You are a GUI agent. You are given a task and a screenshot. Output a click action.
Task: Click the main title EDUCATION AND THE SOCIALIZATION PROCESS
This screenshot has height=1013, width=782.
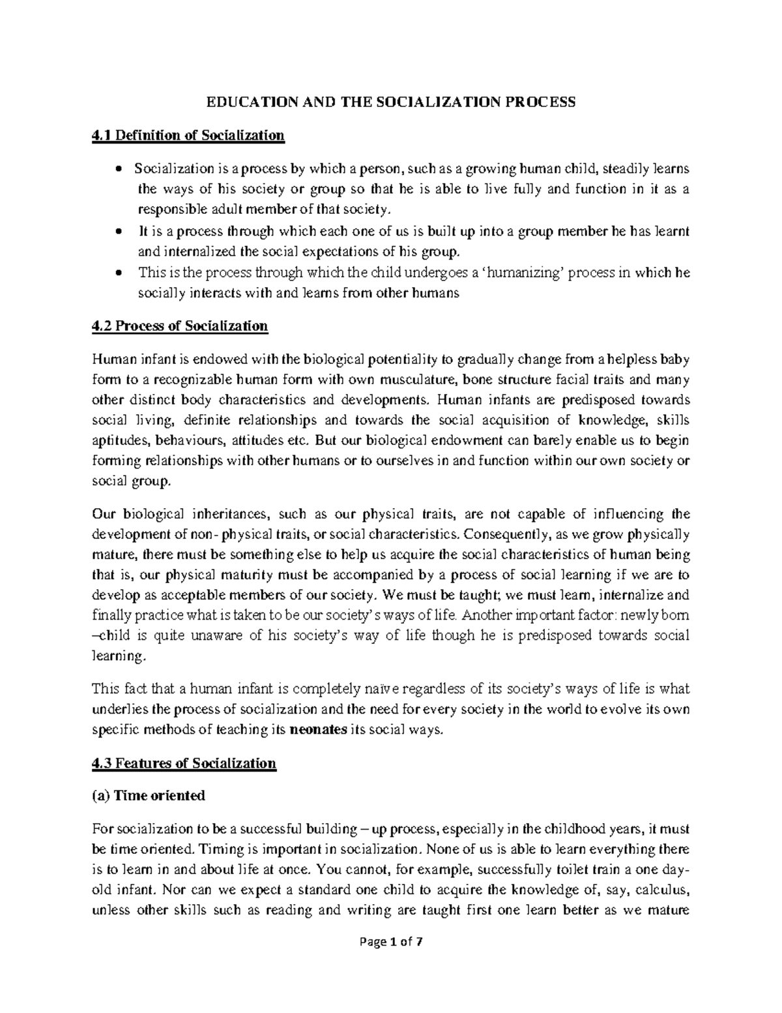(391, 102)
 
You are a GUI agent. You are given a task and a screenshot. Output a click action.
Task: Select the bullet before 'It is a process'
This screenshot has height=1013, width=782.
(118, 232)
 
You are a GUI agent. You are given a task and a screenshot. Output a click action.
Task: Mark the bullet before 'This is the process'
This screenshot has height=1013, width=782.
(118, 274)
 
